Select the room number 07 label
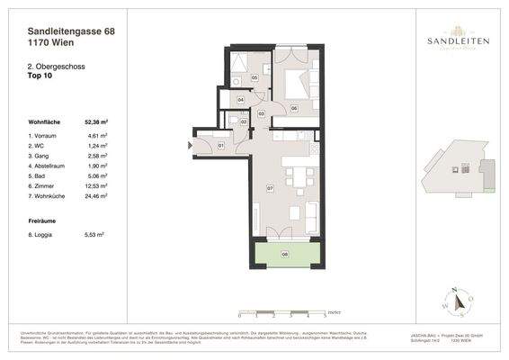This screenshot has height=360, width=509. point(270,188)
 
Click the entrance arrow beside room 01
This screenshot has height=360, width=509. point(191,143)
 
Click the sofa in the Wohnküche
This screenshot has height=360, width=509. point(311,216)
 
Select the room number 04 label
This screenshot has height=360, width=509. point(241,99)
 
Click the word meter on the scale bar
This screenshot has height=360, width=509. point(333,310)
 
